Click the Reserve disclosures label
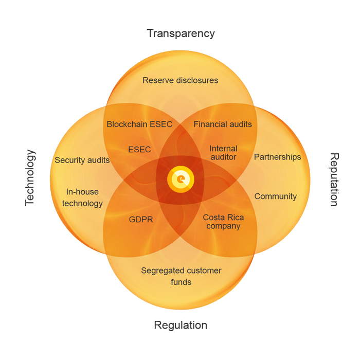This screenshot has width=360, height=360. tap(181, 80)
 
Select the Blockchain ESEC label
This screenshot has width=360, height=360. tap(139, 124)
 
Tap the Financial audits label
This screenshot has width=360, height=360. tap(223, 124)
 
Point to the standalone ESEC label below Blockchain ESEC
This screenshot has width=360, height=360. tap(139, 150)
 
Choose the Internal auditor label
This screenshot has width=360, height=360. tap(223, 153)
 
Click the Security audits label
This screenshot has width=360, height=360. tap(82, 160)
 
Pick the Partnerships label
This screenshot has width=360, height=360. tap(278, 157)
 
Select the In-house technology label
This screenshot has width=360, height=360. tap(82, 197)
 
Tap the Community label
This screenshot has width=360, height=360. tap(276, 196)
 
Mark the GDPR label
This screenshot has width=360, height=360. tap(141, 220)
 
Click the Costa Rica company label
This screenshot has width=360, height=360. tap(223, 222)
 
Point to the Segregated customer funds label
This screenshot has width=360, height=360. tap(181, 276)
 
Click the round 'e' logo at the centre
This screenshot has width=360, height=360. tap(181, 179)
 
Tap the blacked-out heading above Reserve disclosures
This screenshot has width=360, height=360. tap(181, 34)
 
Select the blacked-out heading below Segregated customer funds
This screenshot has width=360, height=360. tap(181, 325)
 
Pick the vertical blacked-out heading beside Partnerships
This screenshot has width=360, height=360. tap(334, 179)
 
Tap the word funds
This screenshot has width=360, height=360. tap(181, 282)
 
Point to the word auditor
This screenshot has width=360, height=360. tap(223, 157)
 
